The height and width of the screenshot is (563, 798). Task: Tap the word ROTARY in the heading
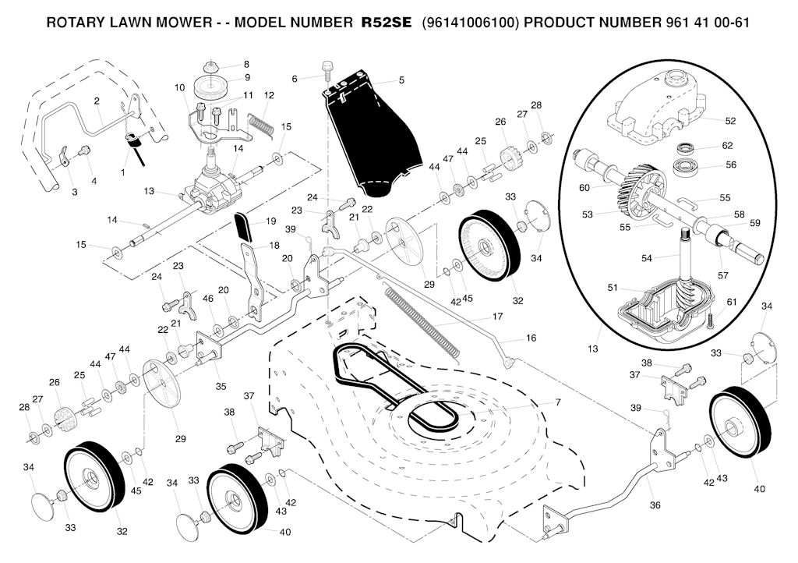(76, 22)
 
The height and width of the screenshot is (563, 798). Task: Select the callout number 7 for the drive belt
(557, 402)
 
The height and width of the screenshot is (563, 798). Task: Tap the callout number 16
(531, 339)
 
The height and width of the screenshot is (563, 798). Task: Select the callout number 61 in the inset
(731, 302)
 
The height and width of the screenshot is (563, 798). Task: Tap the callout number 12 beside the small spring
(269, 95)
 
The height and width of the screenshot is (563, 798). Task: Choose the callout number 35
(221, 385)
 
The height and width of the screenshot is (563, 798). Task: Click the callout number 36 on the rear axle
(655, 505)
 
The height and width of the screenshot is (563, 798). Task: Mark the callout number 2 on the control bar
(97, 101)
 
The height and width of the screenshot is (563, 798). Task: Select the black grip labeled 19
(244, 228)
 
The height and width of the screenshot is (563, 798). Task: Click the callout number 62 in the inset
(727, 145)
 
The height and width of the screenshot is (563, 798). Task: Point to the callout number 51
(613, 287)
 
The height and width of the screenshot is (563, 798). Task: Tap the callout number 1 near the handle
(122, 170)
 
